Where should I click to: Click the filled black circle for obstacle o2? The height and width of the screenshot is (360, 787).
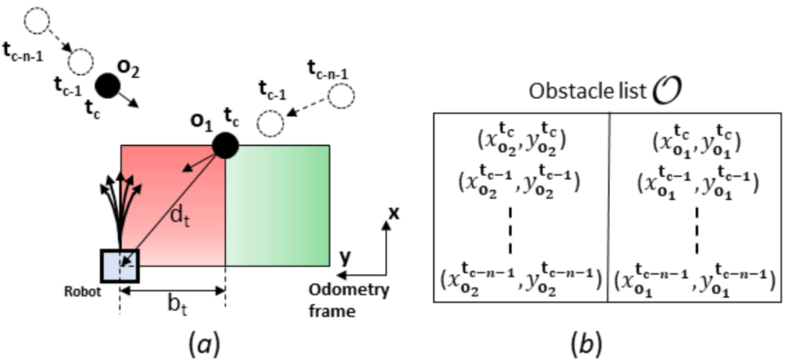coord(109,85)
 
